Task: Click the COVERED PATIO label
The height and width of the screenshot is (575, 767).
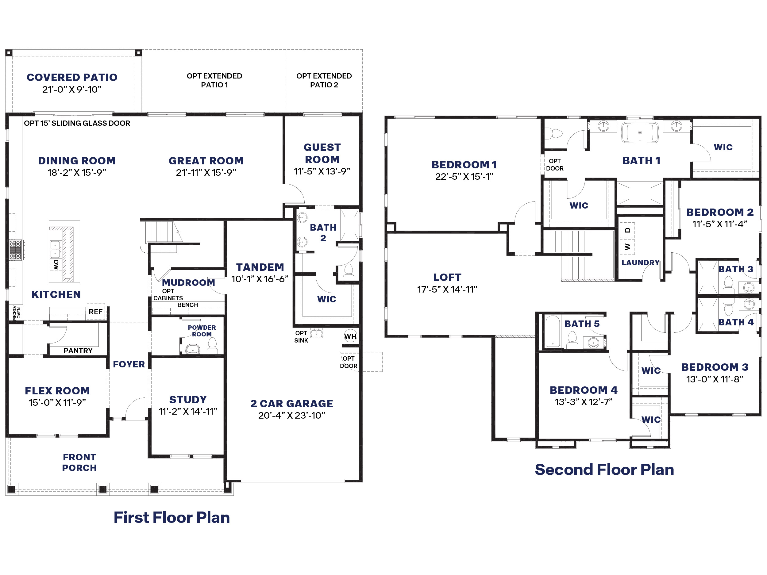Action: coord(72,77)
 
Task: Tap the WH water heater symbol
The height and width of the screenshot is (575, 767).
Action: coord(350,336)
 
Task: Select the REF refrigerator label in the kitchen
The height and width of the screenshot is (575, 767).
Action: coord(95,312)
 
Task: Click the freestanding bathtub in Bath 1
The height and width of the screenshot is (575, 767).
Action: coord(640,132)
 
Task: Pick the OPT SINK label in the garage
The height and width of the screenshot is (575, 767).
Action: coord(301,336)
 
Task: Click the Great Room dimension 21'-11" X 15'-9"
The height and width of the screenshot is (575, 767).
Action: coord(206,172)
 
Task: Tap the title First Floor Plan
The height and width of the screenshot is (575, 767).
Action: coord(172,517)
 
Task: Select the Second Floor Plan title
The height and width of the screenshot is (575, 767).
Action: coord(604,469)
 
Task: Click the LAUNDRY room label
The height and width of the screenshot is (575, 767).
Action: coord(640,263)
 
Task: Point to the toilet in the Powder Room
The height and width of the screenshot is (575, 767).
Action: coord(212,346)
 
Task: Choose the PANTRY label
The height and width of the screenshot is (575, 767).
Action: coord(78,351)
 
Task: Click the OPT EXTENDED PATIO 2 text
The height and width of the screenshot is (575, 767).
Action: coord(324,80)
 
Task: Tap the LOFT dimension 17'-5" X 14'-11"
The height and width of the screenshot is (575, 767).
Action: coord(447,289)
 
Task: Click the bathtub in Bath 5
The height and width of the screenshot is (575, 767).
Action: coord(553,331)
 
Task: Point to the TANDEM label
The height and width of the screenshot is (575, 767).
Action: coord(260,267)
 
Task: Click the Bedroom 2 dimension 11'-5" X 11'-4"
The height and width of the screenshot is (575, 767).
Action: coord(719,224)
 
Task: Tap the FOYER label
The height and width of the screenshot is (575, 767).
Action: coord(129,364)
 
